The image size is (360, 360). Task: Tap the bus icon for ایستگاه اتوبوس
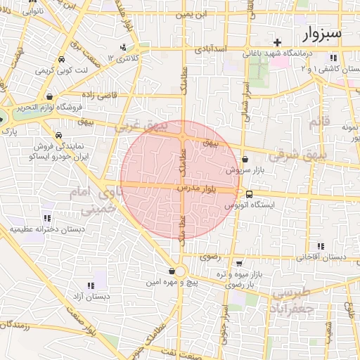coord(250,194)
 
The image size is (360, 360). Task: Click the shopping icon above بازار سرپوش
coord(244,160)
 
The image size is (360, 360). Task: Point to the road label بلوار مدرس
coord(199,189)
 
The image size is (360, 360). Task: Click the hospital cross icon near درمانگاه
coord(278,42)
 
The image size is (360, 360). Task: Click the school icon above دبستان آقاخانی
coord(321,246)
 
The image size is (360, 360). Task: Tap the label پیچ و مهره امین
coord(172,282)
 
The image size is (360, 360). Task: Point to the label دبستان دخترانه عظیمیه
coord(47,229)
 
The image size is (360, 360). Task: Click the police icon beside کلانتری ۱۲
coord(124,48)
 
